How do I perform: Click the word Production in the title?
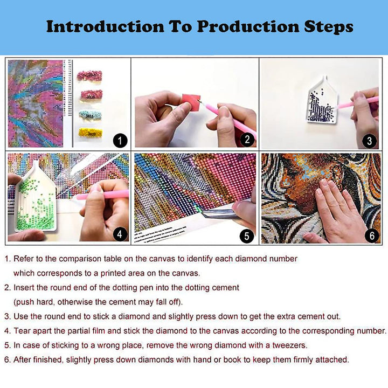coord(248,26)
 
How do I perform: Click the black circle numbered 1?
coord(120,141)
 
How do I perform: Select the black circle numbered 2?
coord(247,140)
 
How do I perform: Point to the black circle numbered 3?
coord(370,141)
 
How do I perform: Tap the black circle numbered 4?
coord(120,234)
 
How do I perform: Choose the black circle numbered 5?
coord(247,236)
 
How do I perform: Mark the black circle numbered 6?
coord(372,235)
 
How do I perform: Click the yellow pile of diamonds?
coord(91,133)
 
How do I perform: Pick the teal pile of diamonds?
coord(91,115)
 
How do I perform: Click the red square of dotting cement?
coord(191,101)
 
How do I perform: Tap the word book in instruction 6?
coord(232,359)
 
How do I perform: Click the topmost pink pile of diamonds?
coord(89,75)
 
